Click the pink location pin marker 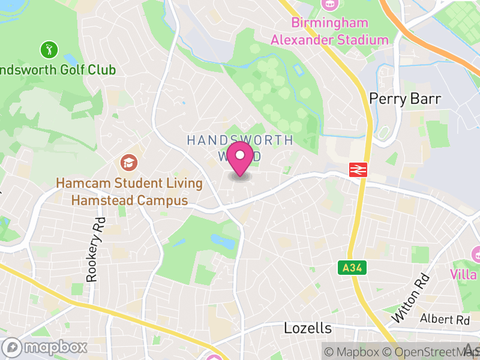point(241,157)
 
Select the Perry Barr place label point(405,99)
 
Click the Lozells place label point(307,328)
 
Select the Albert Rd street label point(445,319)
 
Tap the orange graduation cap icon point(128,162)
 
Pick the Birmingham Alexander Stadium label point(329,32)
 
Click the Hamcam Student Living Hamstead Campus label point(130,192)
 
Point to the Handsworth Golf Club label point(58,70)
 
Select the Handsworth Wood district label point(240,148)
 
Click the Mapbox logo point(45,347)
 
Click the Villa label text point(465,275)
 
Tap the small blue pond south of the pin point(223,242)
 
